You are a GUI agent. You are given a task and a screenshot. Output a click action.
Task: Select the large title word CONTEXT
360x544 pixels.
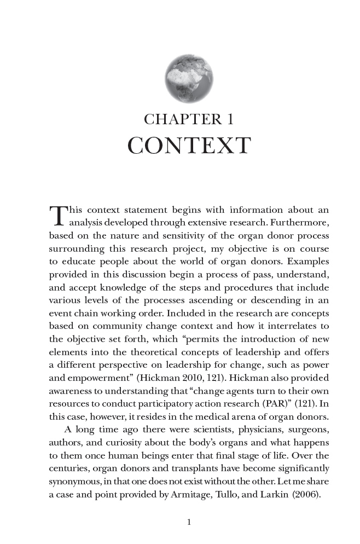click(189, 146)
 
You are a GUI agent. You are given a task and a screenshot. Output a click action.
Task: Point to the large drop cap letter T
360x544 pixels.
click(57, 215)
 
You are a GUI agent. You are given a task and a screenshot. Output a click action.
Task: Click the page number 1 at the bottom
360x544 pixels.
click(189, 522)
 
